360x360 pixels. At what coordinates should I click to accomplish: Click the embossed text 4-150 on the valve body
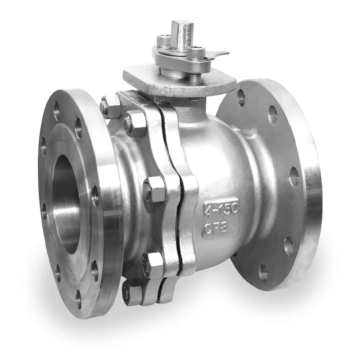coord(221,210)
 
